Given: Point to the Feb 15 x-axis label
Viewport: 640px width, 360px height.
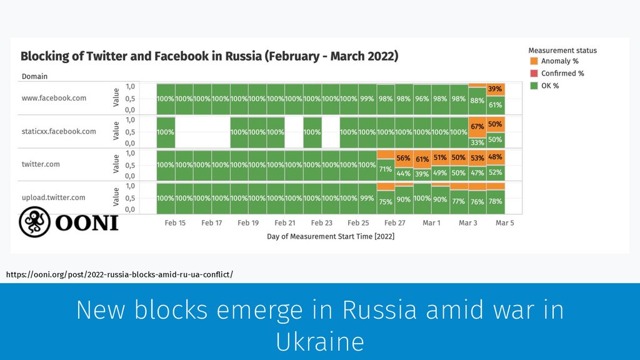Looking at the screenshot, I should click(175, 223).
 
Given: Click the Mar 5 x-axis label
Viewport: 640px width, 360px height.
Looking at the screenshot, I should click(504, 223).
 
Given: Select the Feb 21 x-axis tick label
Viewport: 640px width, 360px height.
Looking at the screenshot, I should click(285, 223).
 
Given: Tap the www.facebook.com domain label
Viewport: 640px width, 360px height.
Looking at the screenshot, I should click(53, 98).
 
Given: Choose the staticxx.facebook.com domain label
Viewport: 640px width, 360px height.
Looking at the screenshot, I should click(59, 131).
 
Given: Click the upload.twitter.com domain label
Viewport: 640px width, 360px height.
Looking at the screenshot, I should click(54, 197).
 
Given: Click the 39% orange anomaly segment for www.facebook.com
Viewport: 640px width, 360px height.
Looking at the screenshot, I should click(495, 89).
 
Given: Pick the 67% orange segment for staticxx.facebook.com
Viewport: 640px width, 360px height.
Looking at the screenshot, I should click(477, 126).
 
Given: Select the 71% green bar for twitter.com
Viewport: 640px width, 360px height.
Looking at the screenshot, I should click(386, 169).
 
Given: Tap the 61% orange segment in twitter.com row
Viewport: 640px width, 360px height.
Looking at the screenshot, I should click(422, 159).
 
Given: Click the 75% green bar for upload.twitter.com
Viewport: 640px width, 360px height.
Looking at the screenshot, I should click(386, 201).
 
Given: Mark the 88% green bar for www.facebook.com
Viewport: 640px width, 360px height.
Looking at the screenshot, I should click(477, 101).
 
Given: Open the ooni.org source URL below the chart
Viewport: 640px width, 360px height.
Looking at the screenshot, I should click(119, 274).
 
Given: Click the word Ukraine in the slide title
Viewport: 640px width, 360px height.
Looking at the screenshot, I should click(319, 342).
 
